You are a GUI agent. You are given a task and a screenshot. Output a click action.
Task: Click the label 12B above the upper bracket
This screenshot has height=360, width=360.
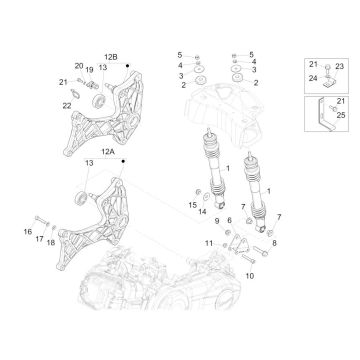(x=111, y=57)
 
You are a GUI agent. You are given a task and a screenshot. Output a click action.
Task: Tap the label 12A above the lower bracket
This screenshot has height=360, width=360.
(x=108, y=152)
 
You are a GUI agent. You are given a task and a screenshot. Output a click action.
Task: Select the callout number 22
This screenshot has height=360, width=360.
(x=67, y=106)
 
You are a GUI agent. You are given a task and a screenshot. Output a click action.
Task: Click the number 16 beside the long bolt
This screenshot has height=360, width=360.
(x=28, y=232)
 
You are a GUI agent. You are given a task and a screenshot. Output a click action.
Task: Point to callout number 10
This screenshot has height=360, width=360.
(x=250, y=276)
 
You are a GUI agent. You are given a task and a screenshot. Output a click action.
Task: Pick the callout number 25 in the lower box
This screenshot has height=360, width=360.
(x=341, y=116)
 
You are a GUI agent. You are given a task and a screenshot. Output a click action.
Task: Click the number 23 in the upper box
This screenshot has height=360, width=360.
(x=339, y=66)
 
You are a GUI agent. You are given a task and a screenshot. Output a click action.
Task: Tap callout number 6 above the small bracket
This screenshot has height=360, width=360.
(x=229, y=220)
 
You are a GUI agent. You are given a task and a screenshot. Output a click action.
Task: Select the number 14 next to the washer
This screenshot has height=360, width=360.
(x=203, y=211)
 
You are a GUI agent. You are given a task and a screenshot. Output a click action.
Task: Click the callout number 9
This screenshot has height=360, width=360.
(x=217, y=220)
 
